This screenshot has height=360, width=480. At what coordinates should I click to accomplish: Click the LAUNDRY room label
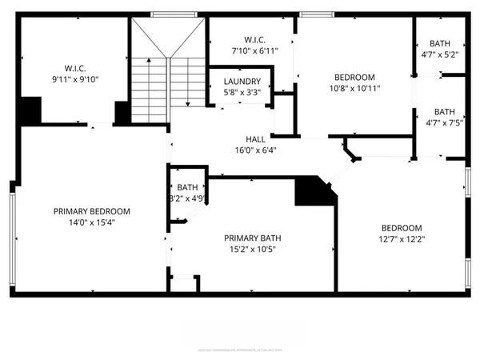point(242,82)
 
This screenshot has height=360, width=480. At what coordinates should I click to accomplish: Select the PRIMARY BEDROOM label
point(92,211)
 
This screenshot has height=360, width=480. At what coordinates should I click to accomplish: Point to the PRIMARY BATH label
point(252,238)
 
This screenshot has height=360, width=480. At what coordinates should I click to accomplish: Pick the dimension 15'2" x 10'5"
point(252,249)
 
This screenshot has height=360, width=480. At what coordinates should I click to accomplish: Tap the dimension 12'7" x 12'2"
point(401,238)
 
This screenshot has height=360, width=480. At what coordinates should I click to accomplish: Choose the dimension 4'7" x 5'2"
point(440,55)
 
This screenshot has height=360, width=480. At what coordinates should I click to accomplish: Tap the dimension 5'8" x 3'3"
point(242,92)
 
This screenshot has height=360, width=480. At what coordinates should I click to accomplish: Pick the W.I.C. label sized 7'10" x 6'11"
point(254,40)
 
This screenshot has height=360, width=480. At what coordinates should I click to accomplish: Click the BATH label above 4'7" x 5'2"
point(440,44)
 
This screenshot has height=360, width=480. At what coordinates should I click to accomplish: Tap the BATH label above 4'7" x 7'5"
point(444,112)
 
